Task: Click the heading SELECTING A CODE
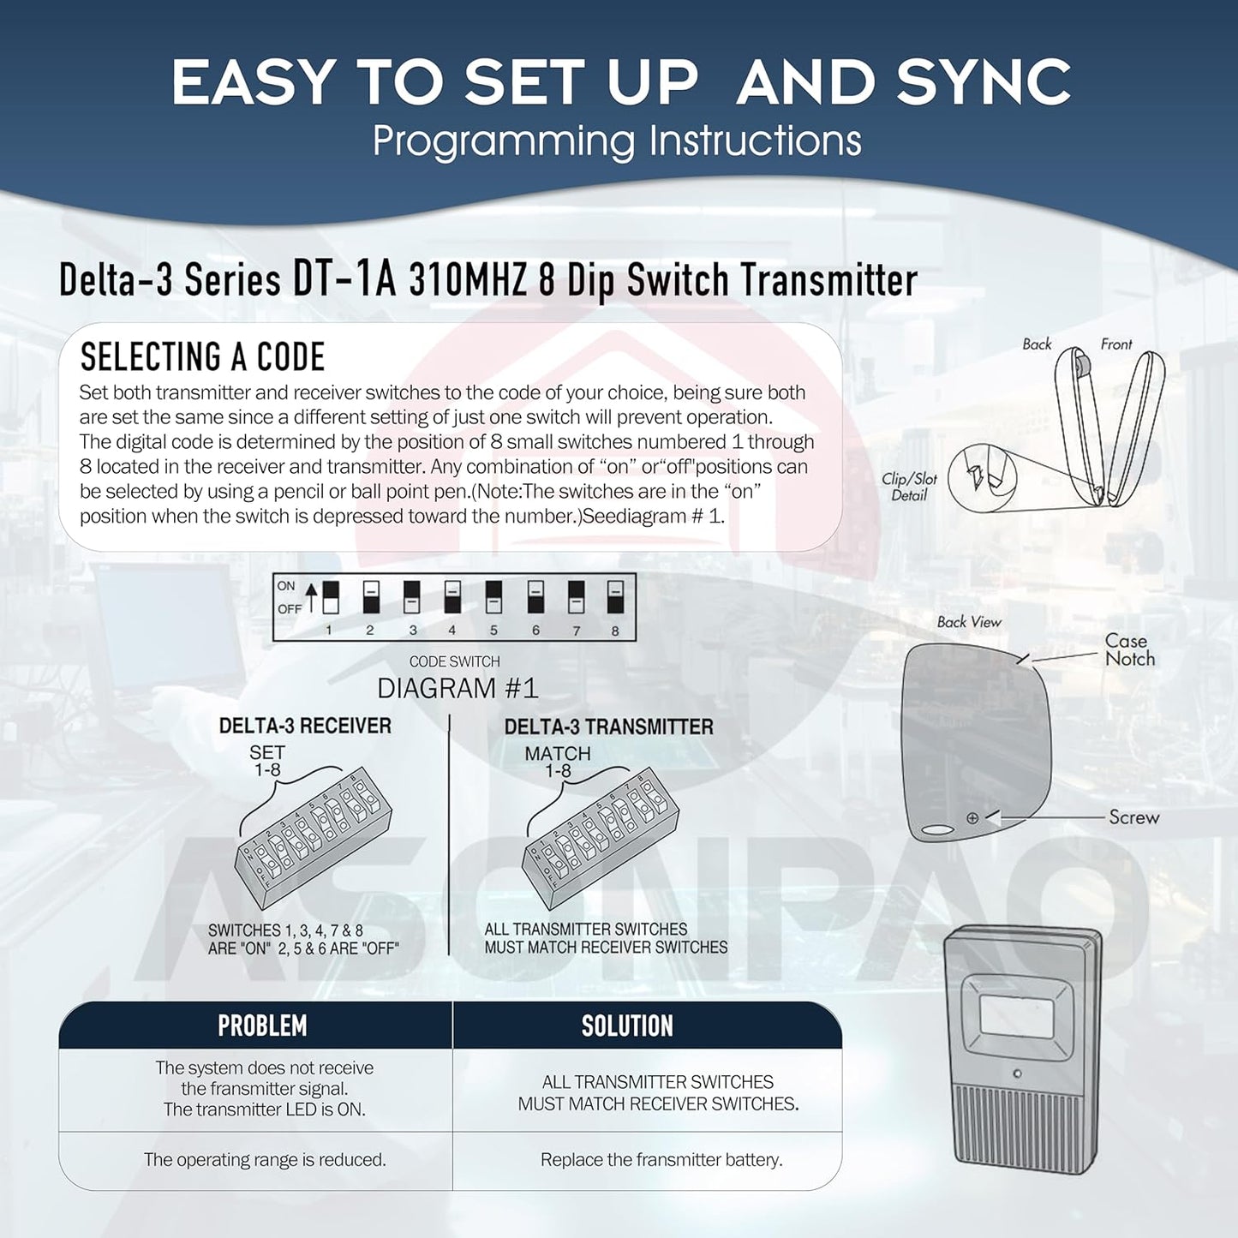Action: pyautogui.click(x=202, y=357)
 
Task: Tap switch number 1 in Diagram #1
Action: pyautogui.click(x=330, y=597)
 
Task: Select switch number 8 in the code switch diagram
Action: pyautogui.click(x=615, y=597)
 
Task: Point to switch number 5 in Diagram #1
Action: pyautogui.click(x=493, y=597)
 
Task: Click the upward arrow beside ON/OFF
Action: pyautogui.click(x=311, y=597)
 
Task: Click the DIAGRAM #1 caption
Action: pyautogui.click(x=458, y=688)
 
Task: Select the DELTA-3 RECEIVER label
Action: pyautogui.click(x=305, y=726)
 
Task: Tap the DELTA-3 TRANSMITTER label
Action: pyautogui.click(x=608, y=727)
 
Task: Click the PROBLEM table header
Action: pyautogui.click(x=262, y=1026)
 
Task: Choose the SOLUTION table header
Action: pyautogui.click(x=627, y=1026)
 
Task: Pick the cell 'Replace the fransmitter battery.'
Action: pyautogui.click(x=661, y=1160)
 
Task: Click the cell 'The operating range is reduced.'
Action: pyautogui.click(x=265, y=1160)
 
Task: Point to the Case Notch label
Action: pyautogui.click(x=1129, y=650)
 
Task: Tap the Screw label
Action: pyautogui.click(x=1133, y=817)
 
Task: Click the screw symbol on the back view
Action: pyautogui.click(x=972, y=818)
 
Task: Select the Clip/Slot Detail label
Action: pyautogui.click(x=909, y=487)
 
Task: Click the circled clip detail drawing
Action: pyautogui.click(x=982, y=476)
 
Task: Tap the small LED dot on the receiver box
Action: pyautogui.click(x=1017, y=1074)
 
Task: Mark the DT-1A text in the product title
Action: pyautogui.click(x=344, y=279)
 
